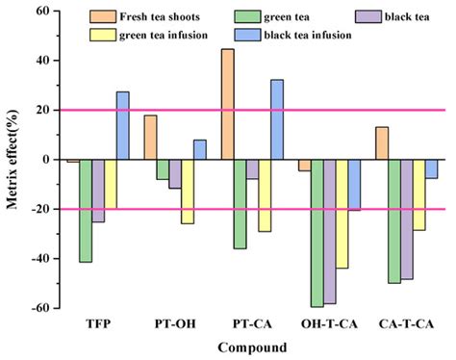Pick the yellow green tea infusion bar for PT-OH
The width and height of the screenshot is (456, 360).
pos(188,192)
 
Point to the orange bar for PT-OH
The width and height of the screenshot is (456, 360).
pos(150,138)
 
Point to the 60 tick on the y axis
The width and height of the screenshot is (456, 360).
pos(40,11)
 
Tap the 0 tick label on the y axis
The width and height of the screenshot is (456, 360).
pos(44,160)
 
